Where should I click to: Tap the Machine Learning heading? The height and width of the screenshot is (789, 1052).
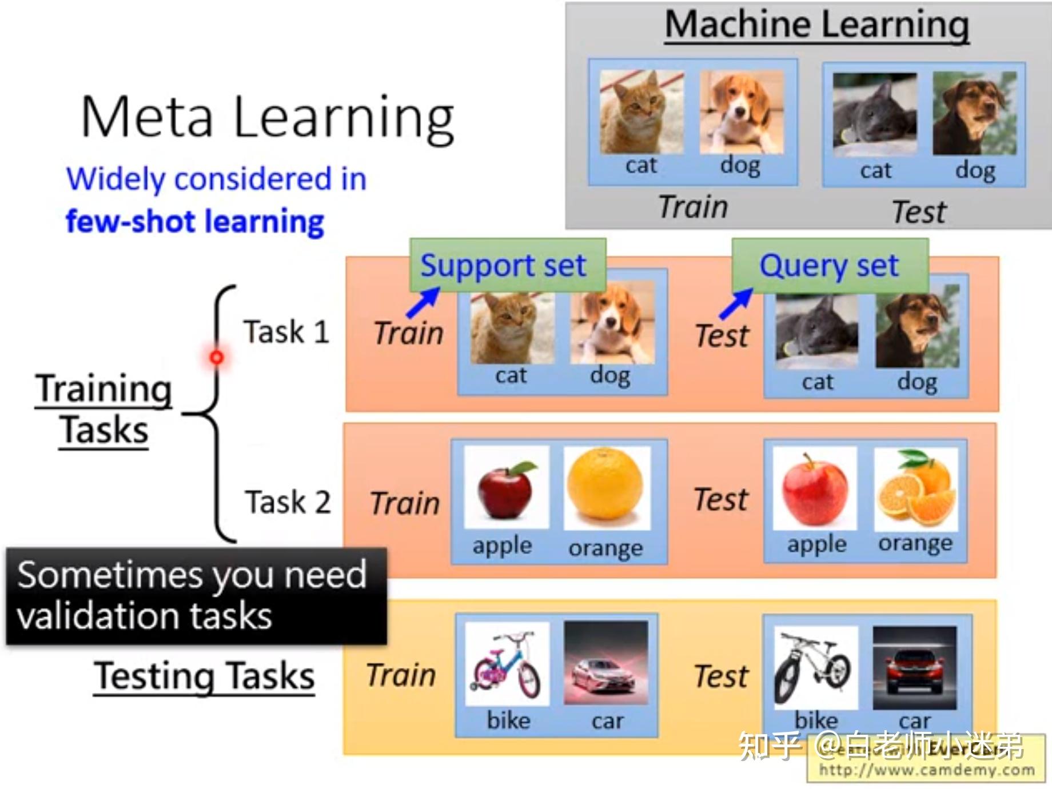click(816, 25)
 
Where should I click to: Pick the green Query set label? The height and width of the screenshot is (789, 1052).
click(830, 265)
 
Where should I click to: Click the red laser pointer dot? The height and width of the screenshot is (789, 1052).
click(217, 357)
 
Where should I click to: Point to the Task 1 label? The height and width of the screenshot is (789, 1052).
click(286, 332)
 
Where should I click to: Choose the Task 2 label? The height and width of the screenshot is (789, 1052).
click(288, 502)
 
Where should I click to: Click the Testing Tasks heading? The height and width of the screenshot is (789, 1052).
click(204, 676)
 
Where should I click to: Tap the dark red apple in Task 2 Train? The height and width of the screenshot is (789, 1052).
click(506, 488)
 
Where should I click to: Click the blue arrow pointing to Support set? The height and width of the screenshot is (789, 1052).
click(423, 302)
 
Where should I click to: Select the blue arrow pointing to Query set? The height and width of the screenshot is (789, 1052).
click(736, 303)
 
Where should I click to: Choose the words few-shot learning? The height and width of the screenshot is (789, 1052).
click(195, 222)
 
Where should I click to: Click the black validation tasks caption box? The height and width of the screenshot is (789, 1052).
click(196, 596)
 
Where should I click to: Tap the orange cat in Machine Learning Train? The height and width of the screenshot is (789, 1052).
click(641, 113)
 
